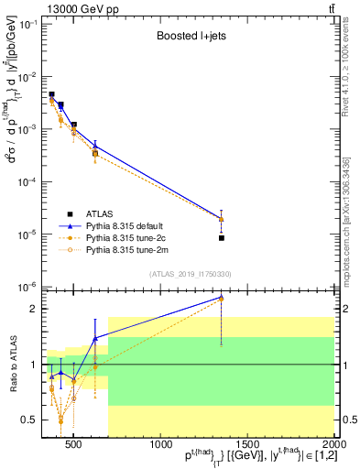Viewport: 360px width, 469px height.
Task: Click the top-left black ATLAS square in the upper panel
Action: [x=51, y=94]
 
